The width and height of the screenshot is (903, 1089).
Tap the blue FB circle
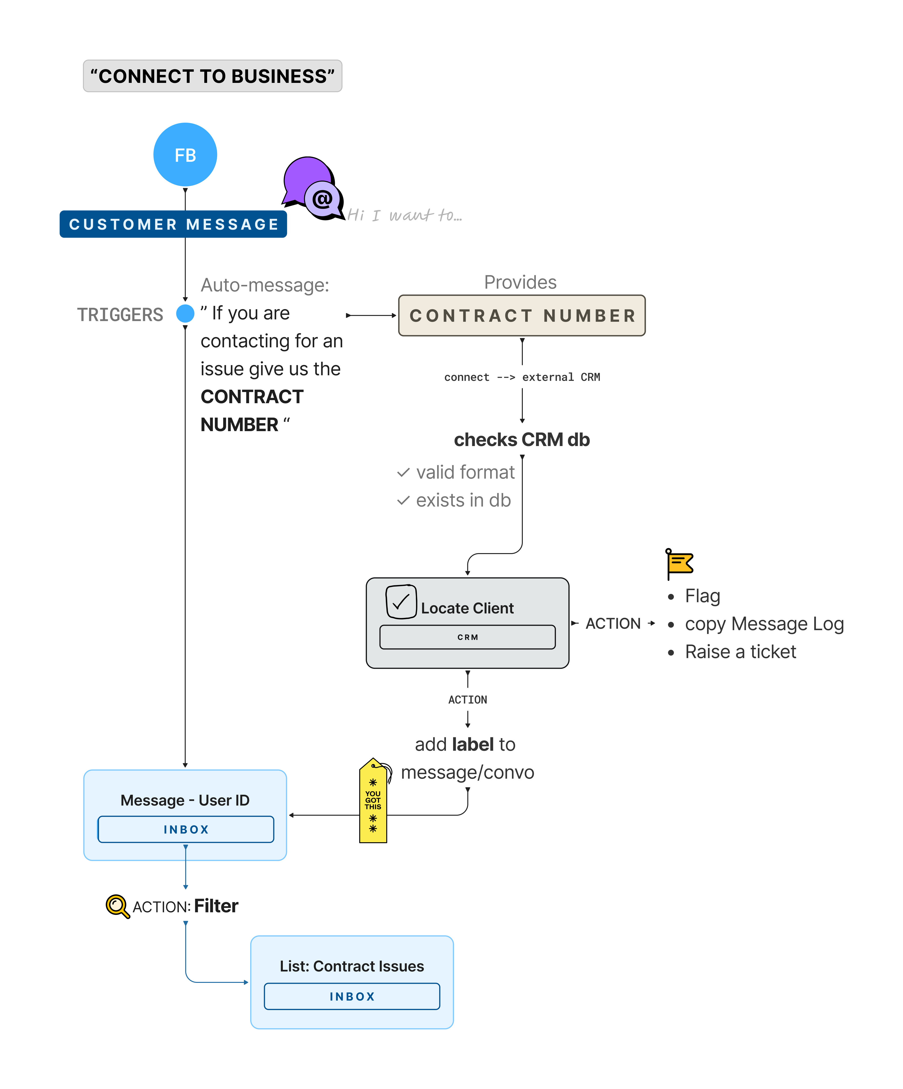click(185, 155)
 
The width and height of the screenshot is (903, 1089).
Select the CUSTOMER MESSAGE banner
click(173, 224)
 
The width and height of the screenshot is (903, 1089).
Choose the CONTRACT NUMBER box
click(522, 315)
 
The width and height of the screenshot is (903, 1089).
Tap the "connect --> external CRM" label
click(522, 377)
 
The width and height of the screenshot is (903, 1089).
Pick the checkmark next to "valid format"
click(403, 472)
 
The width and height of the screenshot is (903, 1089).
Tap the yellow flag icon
click(679, 563)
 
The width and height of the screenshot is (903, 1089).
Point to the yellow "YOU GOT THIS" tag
click(373, 801)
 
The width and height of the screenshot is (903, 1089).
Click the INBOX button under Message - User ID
click(186, 829)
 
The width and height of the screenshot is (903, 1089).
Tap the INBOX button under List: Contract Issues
click(352, 996)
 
